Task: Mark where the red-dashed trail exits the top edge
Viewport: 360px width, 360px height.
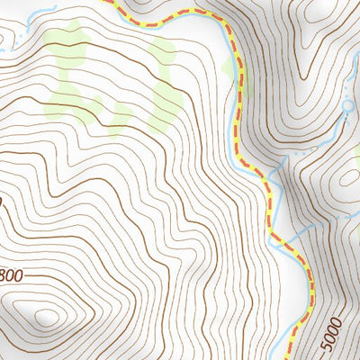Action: coord(112,2)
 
